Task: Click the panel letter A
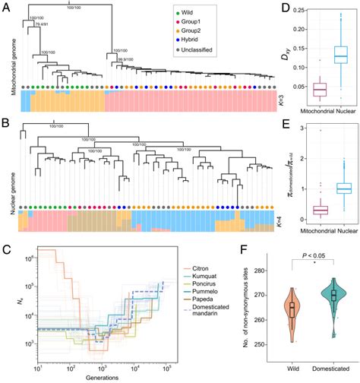(x=8, y=7)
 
